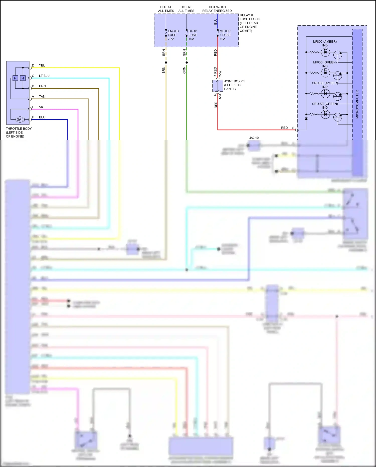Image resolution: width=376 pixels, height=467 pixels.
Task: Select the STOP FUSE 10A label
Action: pyautogui.click(x=193, y=35)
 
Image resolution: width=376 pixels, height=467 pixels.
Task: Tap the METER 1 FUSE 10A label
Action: pyautogui.click(x=225, y=35)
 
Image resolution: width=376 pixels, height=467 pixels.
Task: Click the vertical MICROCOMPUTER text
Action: pyautogui.click(x=357, y=104)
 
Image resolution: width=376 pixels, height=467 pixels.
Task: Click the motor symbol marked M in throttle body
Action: pyautogui.click(x=20, y=120)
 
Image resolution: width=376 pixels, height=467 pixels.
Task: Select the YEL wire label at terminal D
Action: pyautogui.click(x=42, y=65)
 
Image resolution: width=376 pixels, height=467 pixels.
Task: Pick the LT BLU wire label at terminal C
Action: pyautogui.click(x=44, y=76)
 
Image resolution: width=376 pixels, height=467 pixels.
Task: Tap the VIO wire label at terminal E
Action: pyautogui.click(x=42, y=107)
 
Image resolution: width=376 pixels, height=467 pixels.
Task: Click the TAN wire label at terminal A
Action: pyautogui.click(x=42, y=97)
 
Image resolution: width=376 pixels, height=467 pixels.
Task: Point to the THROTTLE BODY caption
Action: pyautogui.click(x=19, y=132)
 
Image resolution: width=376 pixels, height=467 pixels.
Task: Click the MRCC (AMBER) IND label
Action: pyautogui.click(x=325, y=43)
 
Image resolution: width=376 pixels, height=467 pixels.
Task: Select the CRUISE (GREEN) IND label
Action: pyautogui.click(x=325, y=106)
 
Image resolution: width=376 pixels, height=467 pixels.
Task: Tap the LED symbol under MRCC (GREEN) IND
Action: pyautogui.click(x=325, y=73)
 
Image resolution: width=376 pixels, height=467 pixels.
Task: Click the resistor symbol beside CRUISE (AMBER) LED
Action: pyautogui.click(x=314, y=94)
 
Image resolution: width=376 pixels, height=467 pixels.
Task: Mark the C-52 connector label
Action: pyautogui.click(x=220, y=74)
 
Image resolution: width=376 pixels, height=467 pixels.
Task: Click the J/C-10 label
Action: pyautogui.click(x=254, y=138)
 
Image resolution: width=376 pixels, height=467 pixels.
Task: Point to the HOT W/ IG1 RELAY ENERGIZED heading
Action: pyautogui.click(x=217, y=9)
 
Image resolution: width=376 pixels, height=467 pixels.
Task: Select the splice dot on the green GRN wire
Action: pyautogui.click(x=186, y=62)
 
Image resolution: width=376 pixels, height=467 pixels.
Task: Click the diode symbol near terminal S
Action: pyautogui.click(x=306, y=118)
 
